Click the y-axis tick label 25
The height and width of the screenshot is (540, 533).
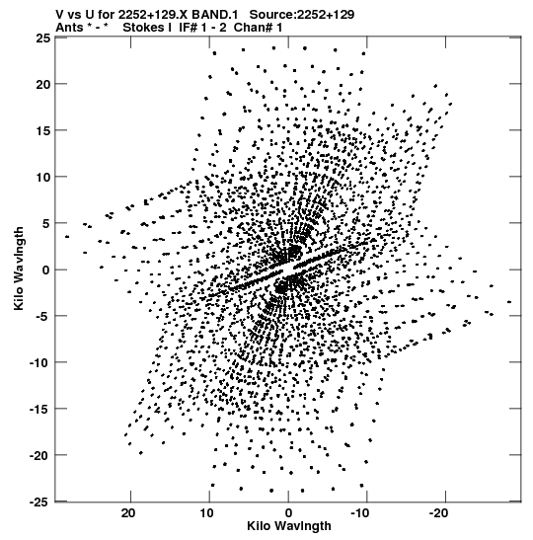point(42,38)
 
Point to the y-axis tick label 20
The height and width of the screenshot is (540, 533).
point(42,84)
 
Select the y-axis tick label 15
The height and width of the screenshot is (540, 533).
point(42,130)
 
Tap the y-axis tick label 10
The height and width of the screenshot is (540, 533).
point(42,177)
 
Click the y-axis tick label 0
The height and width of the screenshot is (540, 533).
point(46,270)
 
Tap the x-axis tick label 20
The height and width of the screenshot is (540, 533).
point(128,513)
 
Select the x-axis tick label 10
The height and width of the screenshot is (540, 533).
point(207,513)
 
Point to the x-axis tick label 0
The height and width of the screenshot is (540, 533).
point(288,513)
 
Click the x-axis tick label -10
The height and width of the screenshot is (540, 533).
point(361,513)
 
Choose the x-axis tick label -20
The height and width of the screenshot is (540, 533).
point(438,513)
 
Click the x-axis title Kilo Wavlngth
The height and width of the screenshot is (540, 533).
point(289,526)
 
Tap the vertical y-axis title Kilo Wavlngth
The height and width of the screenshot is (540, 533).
point(20,269)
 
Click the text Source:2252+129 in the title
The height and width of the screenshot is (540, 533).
point(302,15)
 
